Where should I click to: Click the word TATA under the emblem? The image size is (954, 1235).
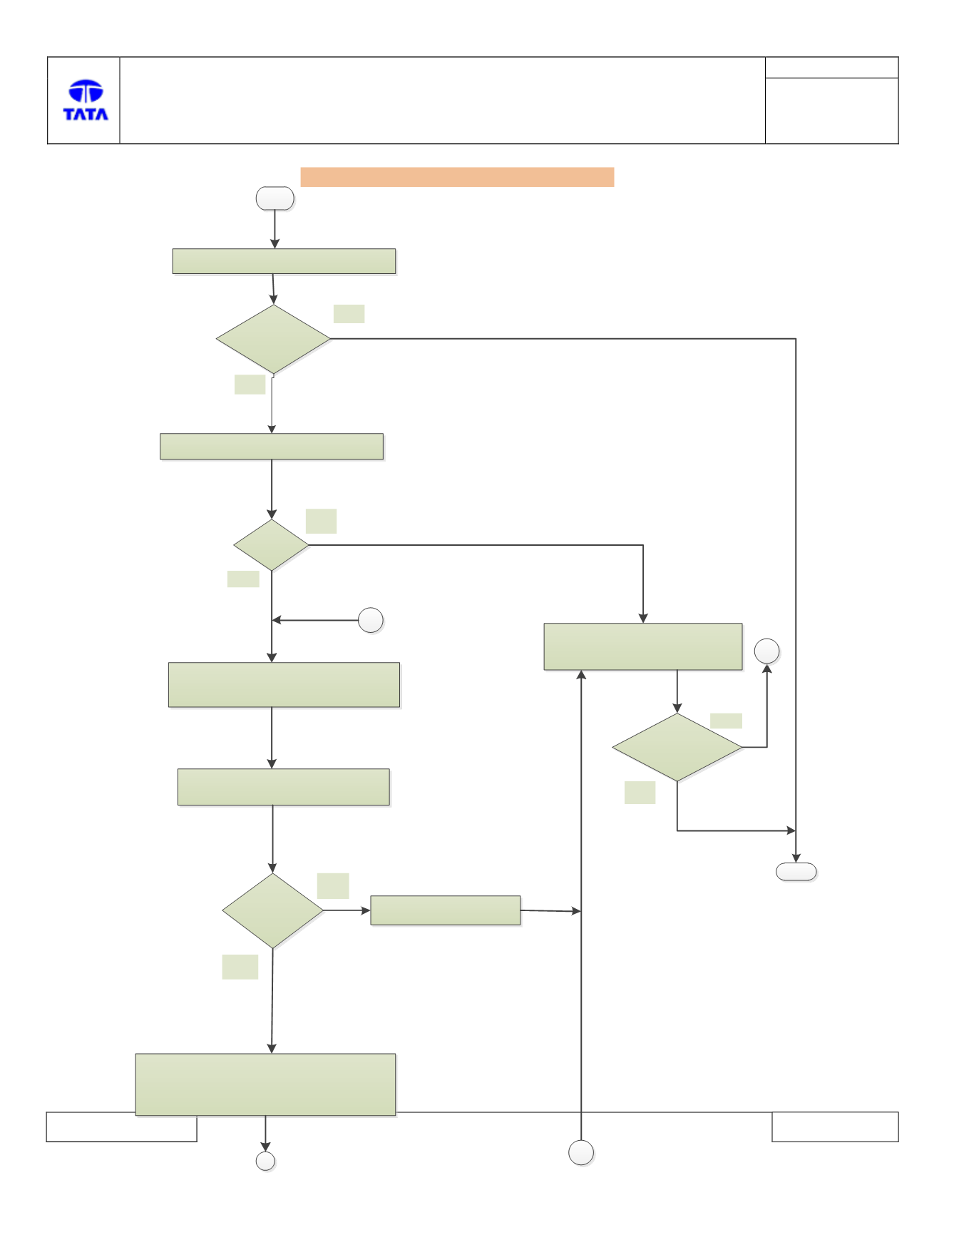point(86,114)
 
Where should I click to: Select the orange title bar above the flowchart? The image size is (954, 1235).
point(457,177)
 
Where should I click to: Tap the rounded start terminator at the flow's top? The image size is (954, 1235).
point(275,198)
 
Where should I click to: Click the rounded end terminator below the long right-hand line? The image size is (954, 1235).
point(796,872)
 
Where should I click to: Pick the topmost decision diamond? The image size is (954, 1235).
point(273,339)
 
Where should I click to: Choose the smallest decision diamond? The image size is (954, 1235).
point(272,545)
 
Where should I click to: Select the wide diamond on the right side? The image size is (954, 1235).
point(677,747)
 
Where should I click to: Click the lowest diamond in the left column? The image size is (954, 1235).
point(273,910)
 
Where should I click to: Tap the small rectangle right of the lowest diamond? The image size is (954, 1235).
point(446,910)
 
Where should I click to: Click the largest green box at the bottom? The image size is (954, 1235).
point(265,1084)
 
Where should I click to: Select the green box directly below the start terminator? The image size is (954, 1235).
point(284,261)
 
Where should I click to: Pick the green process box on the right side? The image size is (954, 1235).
point(643,646)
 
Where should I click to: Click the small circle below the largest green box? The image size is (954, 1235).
point(266,1161)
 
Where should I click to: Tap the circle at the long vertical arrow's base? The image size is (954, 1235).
point(581,1152)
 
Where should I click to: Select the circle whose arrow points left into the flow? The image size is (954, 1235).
point(371,621)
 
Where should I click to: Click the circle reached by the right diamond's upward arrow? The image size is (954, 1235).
point(767,651)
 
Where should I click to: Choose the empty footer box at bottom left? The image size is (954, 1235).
point(121,1127)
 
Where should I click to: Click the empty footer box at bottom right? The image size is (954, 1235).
point(835,1127)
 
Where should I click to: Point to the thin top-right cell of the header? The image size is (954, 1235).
point(831,68)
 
